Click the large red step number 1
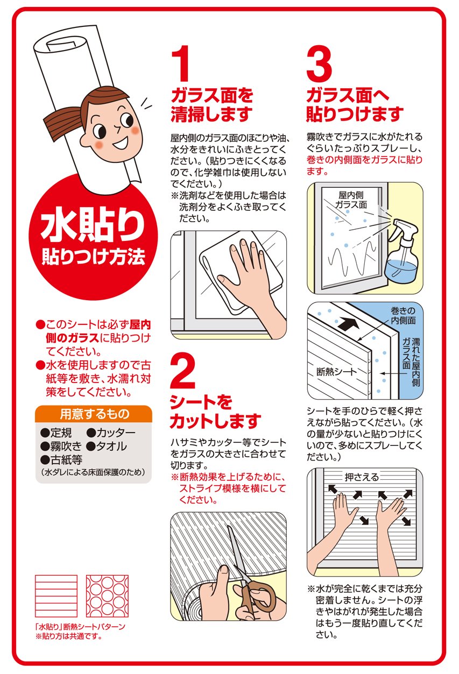pos(181,63)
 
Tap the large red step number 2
pos(183,371)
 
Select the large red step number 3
pos(319,64)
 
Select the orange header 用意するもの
pos(94,414)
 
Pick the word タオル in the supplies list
pos(111,446)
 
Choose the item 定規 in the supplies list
pos(61,432)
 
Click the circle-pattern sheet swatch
pos(107,596)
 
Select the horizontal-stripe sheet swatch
pos(57,596)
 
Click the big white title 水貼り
pos(93,226)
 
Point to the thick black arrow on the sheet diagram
pos(349,324)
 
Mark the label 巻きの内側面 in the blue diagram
pos(403,315)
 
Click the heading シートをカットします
pos(215,412)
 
